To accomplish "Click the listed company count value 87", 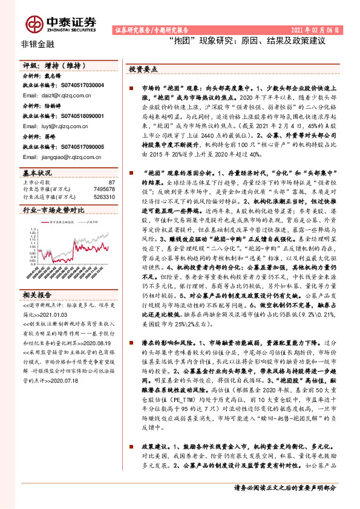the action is tap(111, 181).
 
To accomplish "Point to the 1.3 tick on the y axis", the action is tap(27, 230).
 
